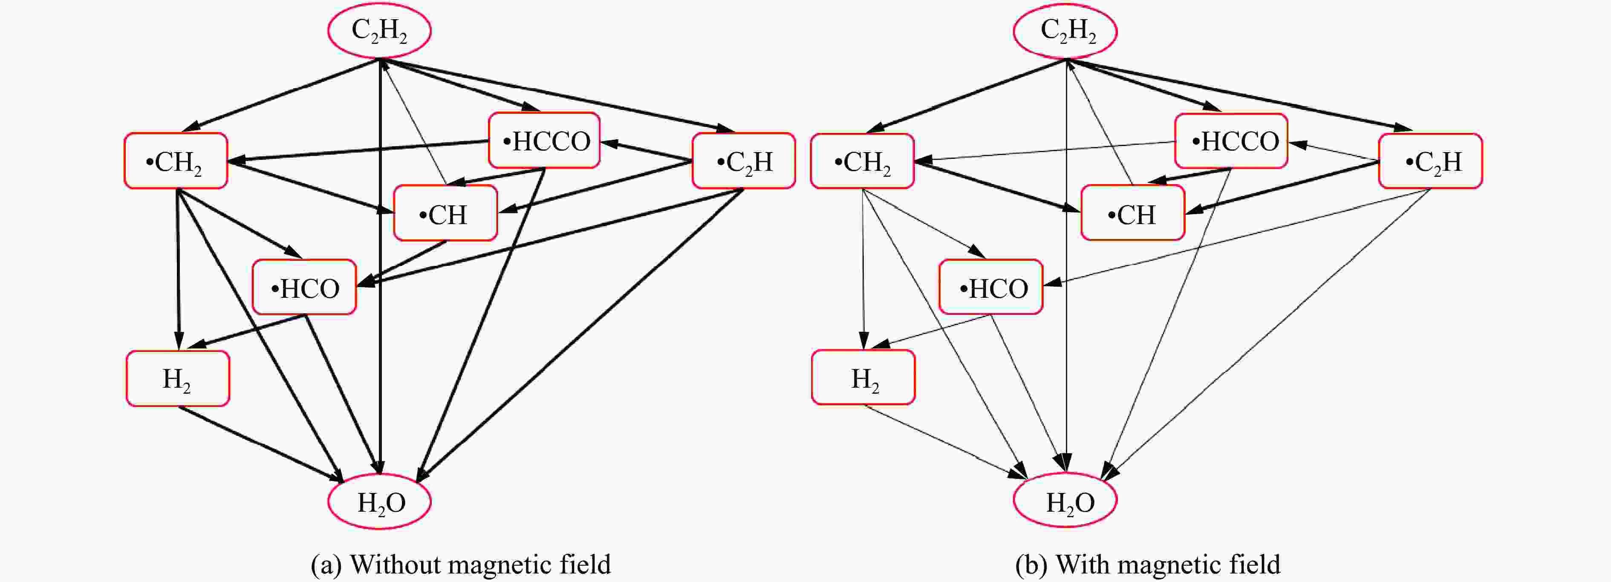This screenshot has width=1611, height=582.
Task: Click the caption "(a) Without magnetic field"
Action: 461,565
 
